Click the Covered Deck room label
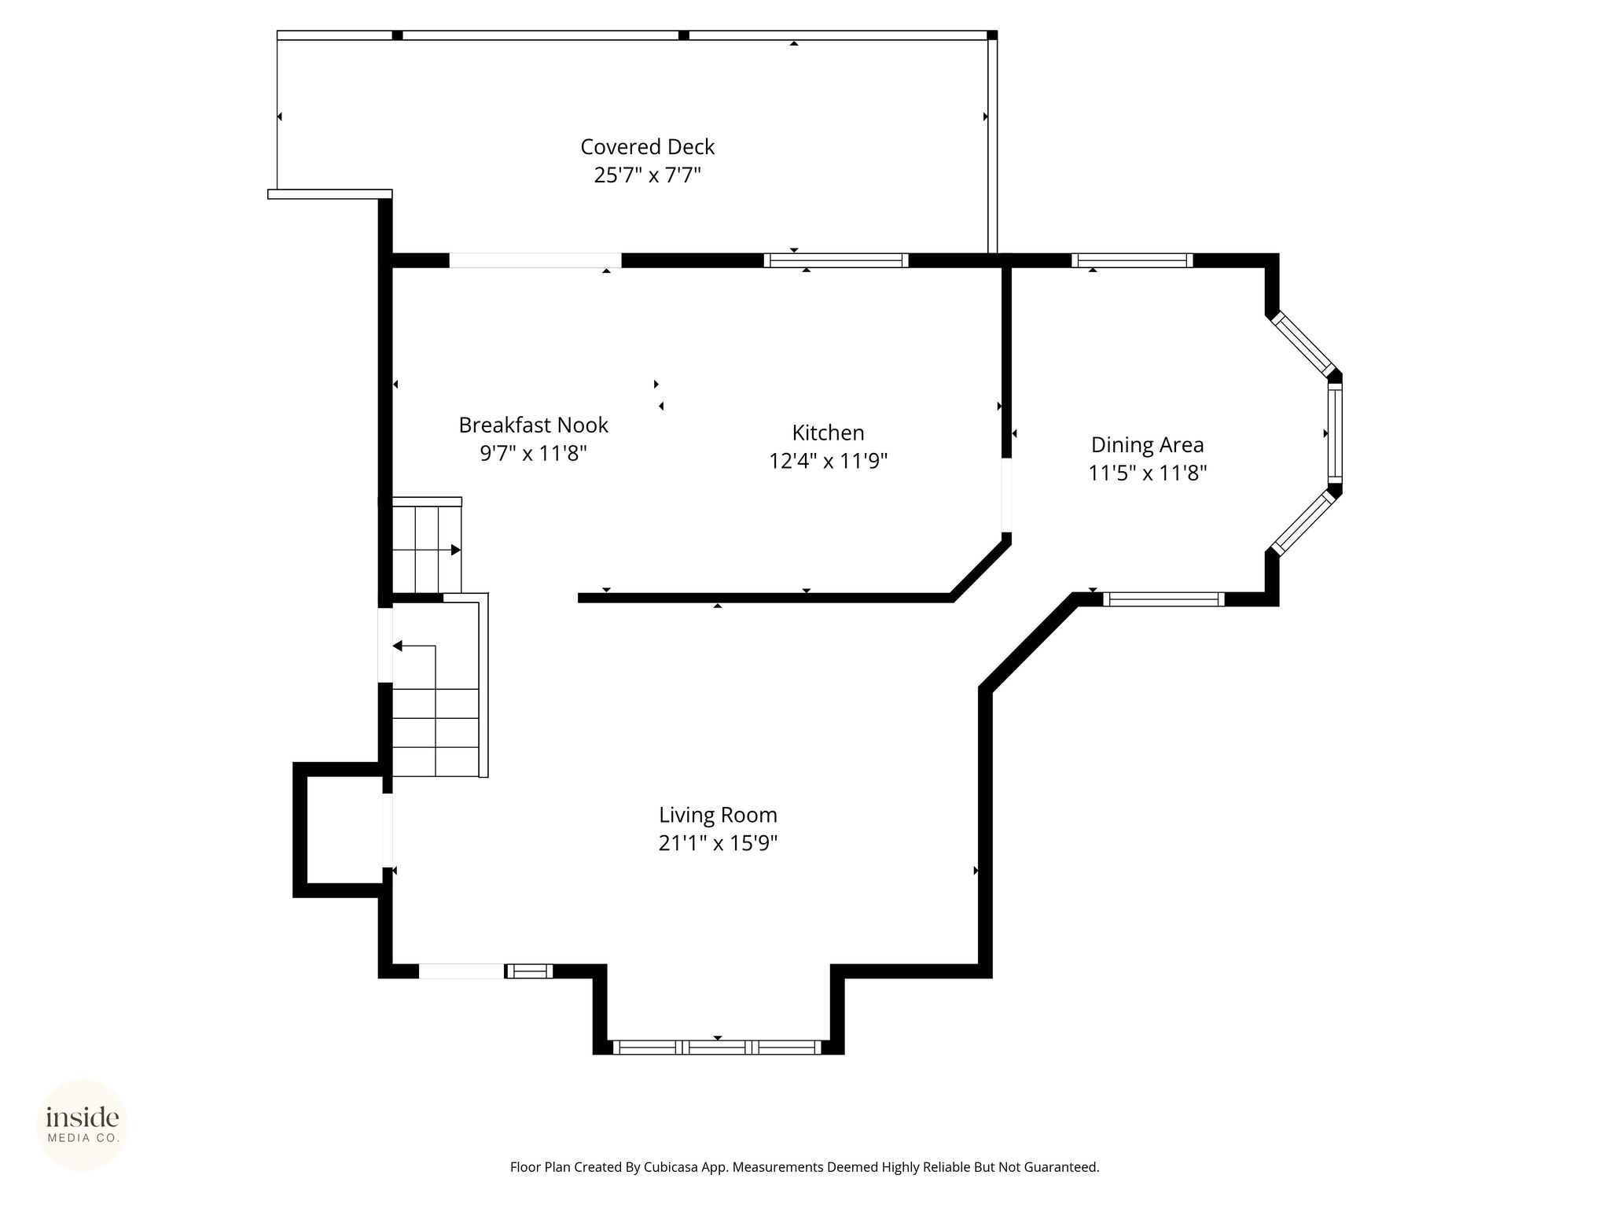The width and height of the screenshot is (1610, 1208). pos(648,147)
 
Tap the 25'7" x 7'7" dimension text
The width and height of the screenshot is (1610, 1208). pos(648,175)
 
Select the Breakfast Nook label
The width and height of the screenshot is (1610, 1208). pos(534,425)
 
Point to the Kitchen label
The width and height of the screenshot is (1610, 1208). pos(828,433)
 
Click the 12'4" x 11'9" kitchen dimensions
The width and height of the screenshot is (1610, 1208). pos(828,461)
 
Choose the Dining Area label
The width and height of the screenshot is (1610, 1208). pos(1147,445)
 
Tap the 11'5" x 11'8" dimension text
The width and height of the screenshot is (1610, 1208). pos(1147,473)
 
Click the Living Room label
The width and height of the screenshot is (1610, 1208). pos(718,815)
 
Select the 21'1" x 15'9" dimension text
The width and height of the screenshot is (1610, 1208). pos(718,843)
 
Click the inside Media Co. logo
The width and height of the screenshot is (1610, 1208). pos(83,1125)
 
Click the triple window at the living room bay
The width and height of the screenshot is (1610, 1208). pos(717,1047)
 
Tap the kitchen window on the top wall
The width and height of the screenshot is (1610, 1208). pos(836,260)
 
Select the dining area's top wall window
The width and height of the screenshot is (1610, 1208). pos(1132,260)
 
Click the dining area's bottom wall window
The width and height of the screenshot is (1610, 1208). pos(1163,599)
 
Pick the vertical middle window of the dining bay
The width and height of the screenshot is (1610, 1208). pos(1335,433)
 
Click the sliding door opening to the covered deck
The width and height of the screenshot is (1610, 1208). pos(535,260)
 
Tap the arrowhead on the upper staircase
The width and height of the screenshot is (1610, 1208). pos(456,550)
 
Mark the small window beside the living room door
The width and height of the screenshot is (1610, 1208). pos(529,971)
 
